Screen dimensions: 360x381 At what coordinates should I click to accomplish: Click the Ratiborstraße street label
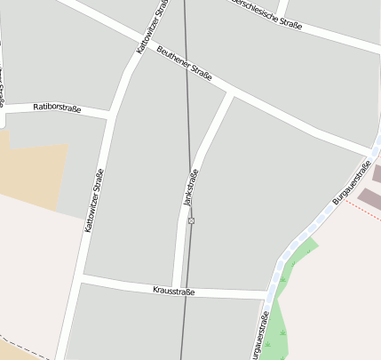point(57,108)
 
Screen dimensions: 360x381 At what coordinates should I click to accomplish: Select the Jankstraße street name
point(190,188)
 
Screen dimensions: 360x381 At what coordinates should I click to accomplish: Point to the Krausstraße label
point(173,291)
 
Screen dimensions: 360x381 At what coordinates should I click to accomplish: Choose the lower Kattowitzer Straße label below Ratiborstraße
point(95,201)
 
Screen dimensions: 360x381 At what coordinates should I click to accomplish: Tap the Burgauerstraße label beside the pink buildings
point(352,182)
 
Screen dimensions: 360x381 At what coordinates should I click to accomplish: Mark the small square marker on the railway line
point(191,220)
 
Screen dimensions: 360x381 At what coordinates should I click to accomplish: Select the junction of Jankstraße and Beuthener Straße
point(232,92)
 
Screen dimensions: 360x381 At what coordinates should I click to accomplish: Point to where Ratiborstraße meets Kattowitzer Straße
point(113,114)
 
